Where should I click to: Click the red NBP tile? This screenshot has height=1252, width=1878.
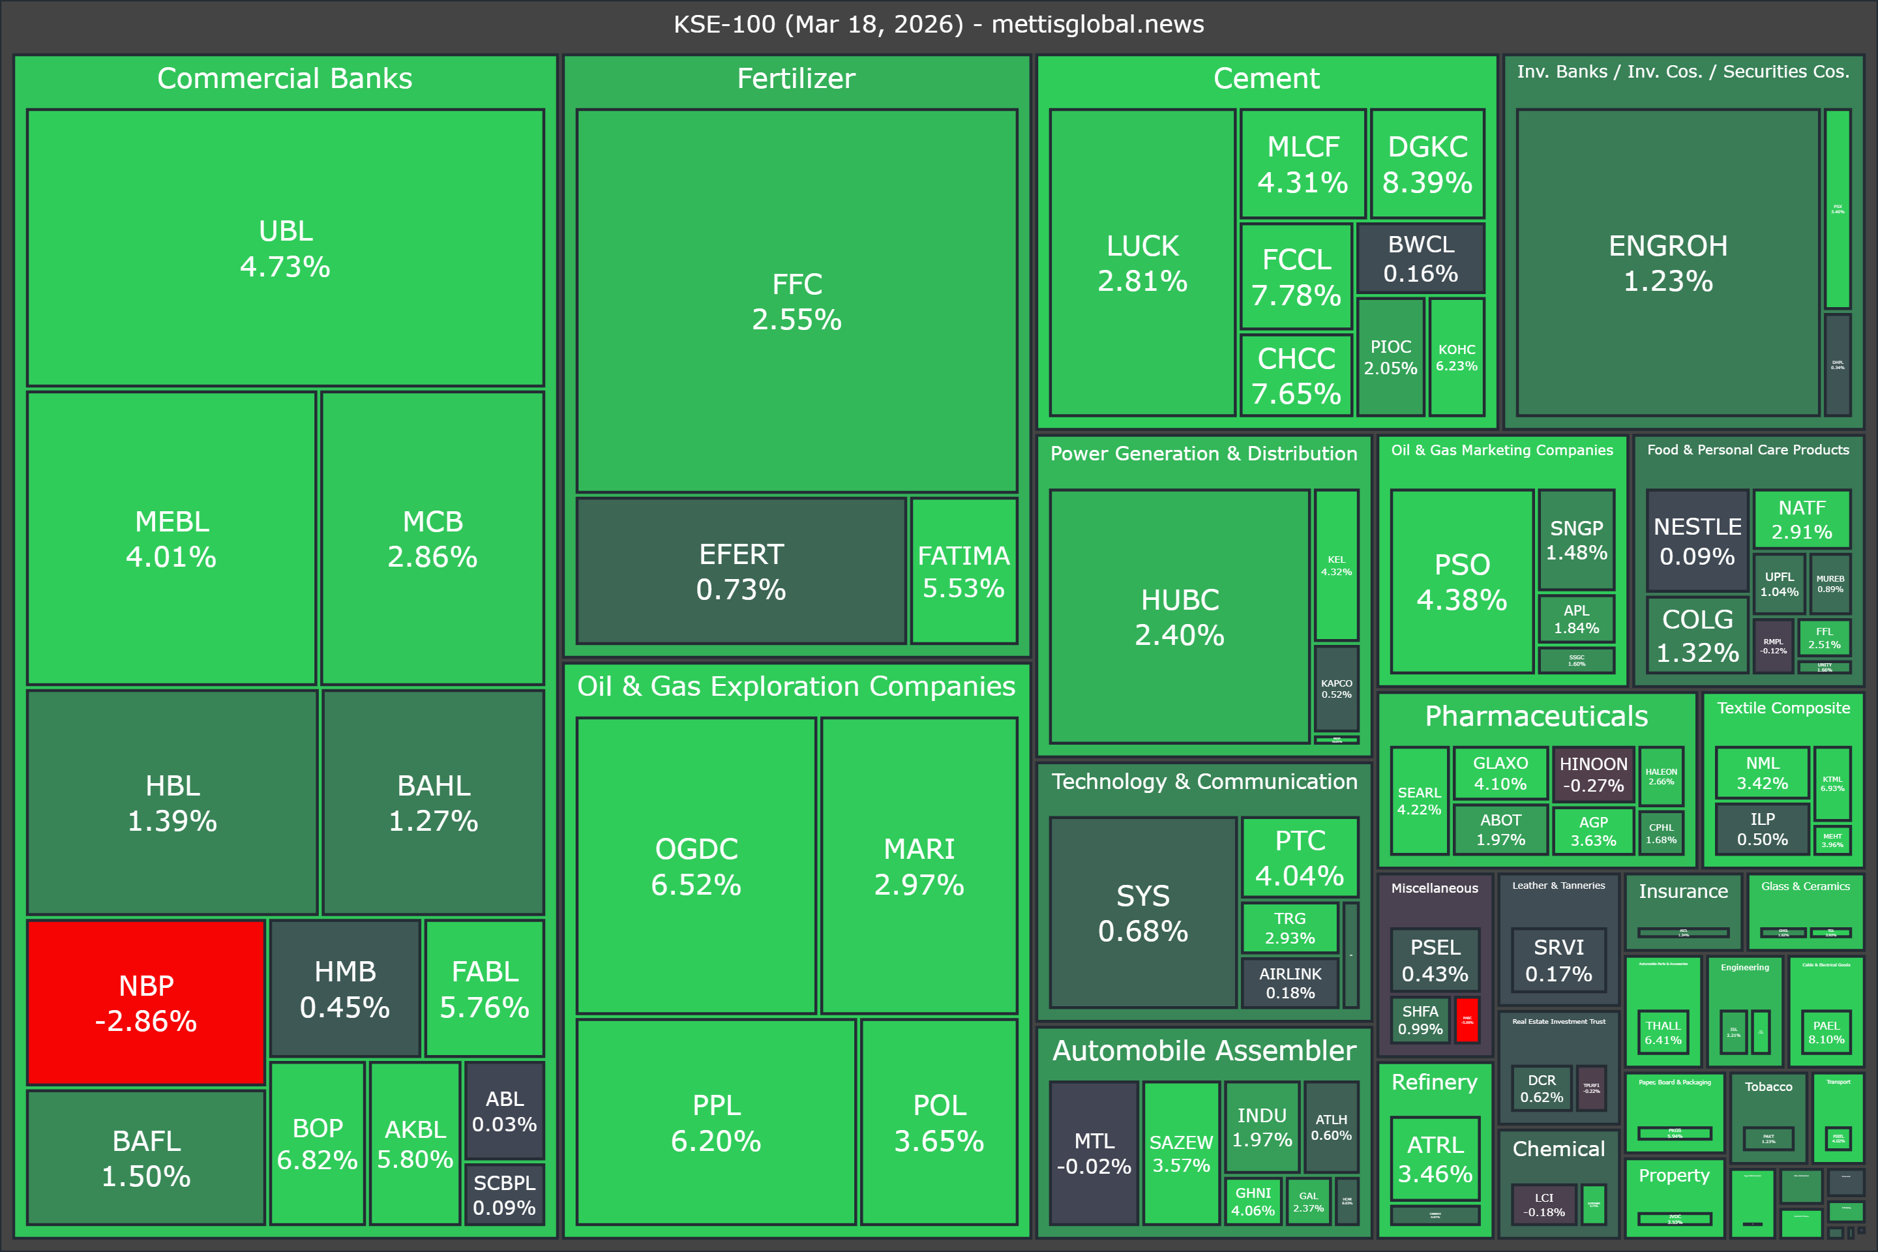click(x=146, y=1003)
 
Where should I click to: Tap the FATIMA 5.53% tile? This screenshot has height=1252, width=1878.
click(x=964, y=571)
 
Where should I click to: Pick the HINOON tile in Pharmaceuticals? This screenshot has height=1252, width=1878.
click(x=1593, y=775)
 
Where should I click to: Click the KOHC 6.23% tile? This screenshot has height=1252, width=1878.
click(x=1456, y=357)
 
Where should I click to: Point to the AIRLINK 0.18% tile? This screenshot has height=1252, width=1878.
click(x=1290, y=983)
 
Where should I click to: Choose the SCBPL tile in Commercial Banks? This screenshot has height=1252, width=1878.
click(x=504, y=1195)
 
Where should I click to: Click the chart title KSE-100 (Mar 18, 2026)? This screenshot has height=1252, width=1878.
click(x=938, y=24)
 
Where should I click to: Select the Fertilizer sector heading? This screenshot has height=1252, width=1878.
click(x=796, y=78)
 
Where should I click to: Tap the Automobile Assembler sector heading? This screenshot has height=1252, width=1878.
click(x=1204, y=1051)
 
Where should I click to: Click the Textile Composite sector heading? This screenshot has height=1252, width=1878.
click(x=1783, y=708)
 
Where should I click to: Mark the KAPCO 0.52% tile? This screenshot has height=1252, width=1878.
click(x=1336, y=689)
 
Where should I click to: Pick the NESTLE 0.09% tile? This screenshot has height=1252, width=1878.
click(x=1697, y=541)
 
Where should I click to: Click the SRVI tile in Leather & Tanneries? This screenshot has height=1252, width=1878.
click(x=1558, y=960)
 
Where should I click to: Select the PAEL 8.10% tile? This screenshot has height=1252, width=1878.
click(x=1825, y=1032)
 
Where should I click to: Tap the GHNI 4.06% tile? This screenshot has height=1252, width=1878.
click(x=1253, y=1201)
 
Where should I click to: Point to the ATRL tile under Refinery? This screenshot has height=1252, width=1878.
click(x=1435, y=1159)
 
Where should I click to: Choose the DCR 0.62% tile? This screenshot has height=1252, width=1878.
click(x=1541, y=1088)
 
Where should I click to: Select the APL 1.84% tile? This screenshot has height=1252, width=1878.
click(x=1576, y=619)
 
